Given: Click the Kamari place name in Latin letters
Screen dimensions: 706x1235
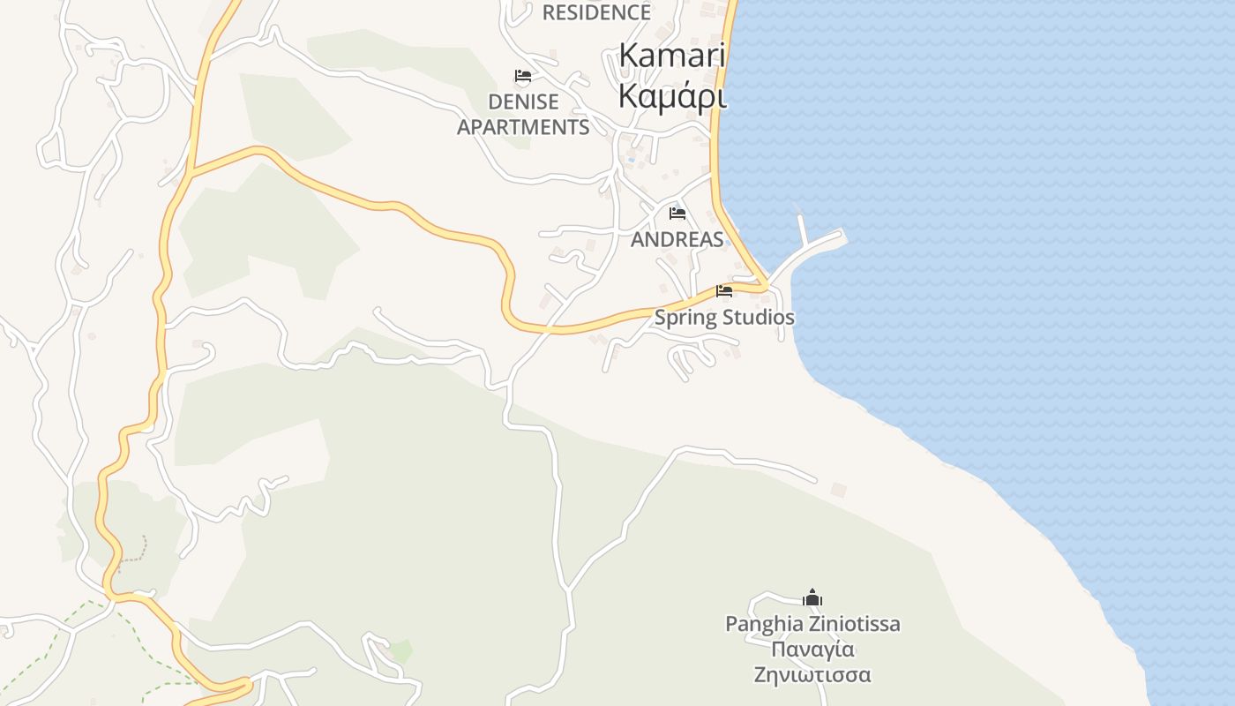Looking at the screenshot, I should [671, 56].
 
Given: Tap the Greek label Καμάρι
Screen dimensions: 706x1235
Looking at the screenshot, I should [672, 95].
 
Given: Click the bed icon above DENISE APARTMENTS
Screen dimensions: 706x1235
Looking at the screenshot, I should [523, 76].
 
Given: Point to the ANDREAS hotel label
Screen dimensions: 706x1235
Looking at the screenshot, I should [677, 239].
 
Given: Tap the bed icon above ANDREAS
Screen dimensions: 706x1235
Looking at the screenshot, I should [677, 214].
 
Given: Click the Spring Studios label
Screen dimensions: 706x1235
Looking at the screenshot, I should [724, 318].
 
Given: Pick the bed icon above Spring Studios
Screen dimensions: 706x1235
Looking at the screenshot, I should [724, 291].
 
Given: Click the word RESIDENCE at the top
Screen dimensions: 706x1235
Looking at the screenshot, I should [596, 12].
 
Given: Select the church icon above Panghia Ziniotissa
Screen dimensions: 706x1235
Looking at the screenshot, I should [812, 597].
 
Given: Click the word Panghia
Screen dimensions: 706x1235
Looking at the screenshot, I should [764, 625].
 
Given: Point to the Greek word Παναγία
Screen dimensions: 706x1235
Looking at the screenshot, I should [812, 650].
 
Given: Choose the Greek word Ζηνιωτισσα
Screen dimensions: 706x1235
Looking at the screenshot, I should [812, 676].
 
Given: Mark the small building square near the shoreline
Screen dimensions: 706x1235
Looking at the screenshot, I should [838, 489].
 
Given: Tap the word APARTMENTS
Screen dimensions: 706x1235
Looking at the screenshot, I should [523, 127].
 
